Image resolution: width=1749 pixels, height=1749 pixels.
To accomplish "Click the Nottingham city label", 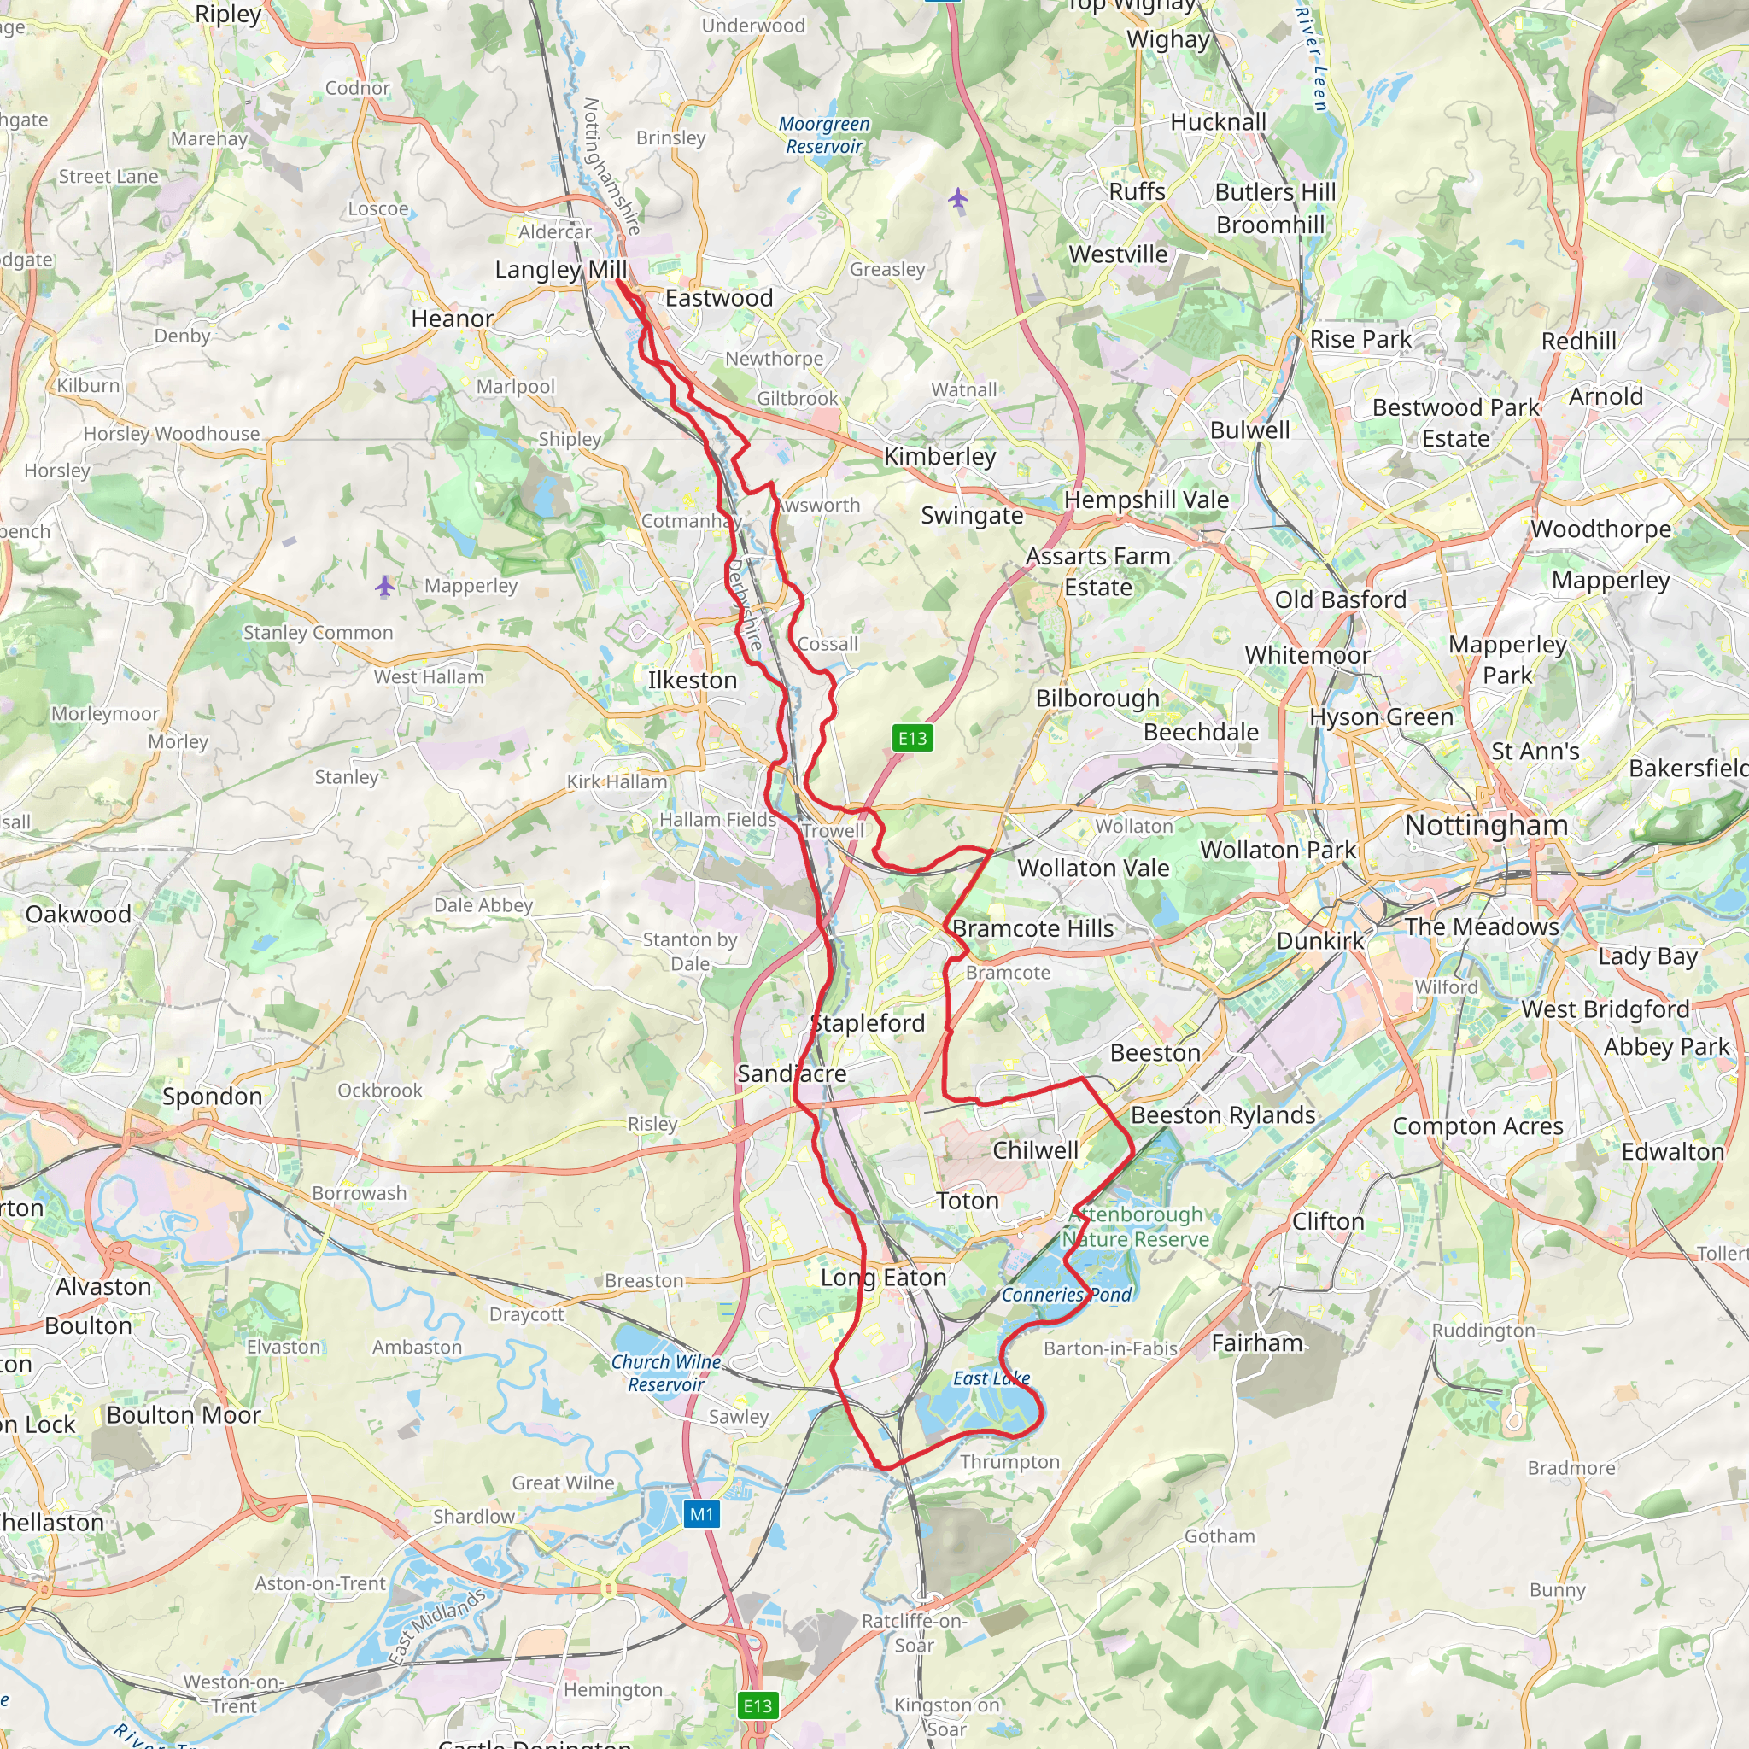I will pyautogui.click(x=1486, y=825).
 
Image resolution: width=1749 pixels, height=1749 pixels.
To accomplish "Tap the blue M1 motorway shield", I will pyautogui.click(x=702, y=1513).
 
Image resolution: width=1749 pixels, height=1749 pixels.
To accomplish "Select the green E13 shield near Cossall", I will pyautogui.click(x=913, y=738).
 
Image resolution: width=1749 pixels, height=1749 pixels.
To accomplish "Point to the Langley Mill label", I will pyautogui.click(x=560, y=270).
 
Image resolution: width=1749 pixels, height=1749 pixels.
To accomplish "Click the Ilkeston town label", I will pyautogui.click(x=693, y=680).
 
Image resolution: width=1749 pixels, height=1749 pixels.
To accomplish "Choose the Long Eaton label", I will pyautogui.click(x=884, y=1278).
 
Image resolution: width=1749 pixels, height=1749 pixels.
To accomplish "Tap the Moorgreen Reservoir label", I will pyautogui.click(x=824, y=135).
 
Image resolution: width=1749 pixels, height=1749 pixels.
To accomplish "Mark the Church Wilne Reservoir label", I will pyautogui.click(x=666, y=1372).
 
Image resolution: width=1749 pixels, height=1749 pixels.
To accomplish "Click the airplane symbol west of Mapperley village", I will pyautogui.click(x=386, y=587).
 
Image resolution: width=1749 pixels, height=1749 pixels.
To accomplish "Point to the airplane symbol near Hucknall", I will pyautogui.click(x=959, y=198).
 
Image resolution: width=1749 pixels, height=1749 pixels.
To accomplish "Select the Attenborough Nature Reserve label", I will pyautogui.click(x=1136, y=1226).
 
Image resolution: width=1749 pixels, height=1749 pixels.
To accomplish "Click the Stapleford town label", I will pyautogui.click(x=869, y=1023).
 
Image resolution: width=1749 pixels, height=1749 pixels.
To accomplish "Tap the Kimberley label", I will pyautogui.click(x=939, y=456).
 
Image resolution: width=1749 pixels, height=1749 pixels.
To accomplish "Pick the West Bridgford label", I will pyautogui.click(x=1605, y=1009).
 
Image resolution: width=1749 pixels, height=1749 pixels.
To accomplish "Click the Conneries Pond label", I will pyautogui.click(x=1067, y=1295).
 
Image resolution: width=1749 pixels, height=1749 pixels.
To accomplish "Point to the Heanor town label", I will pyautogui.click(x=453, y=319).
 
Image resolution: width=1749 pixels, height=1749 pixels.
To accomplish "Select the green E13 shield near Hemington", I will pyautogui.click(x=758, y=1705).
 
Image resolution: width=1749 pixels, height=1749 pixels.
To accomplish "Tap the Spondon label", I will pyautogui.click(x=212, y=1097).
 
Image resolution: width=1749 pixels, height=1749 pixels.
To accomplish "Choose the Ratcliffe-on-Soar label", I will pyautogui.click(x=915, y=1632).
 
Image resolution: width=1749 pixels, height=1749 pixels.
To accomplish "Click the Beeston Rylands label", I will pyautogui.click(x=1223, y=1115).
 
